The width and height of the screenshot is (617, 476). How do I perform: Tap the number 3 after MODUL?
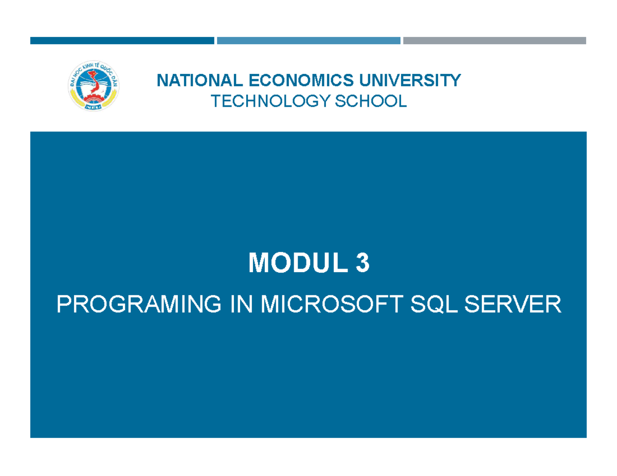pos(362,264)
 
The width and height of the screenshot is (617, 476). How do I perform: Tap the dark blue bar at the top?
pos(122,41)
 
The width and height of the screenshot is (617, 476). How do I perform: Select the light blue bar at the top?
pos(308,41)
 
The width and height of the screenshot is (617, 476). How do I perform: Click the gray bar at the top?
pos(495,41)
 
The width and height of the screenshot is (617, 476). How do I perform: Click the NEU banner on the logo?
pos(93,107)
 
